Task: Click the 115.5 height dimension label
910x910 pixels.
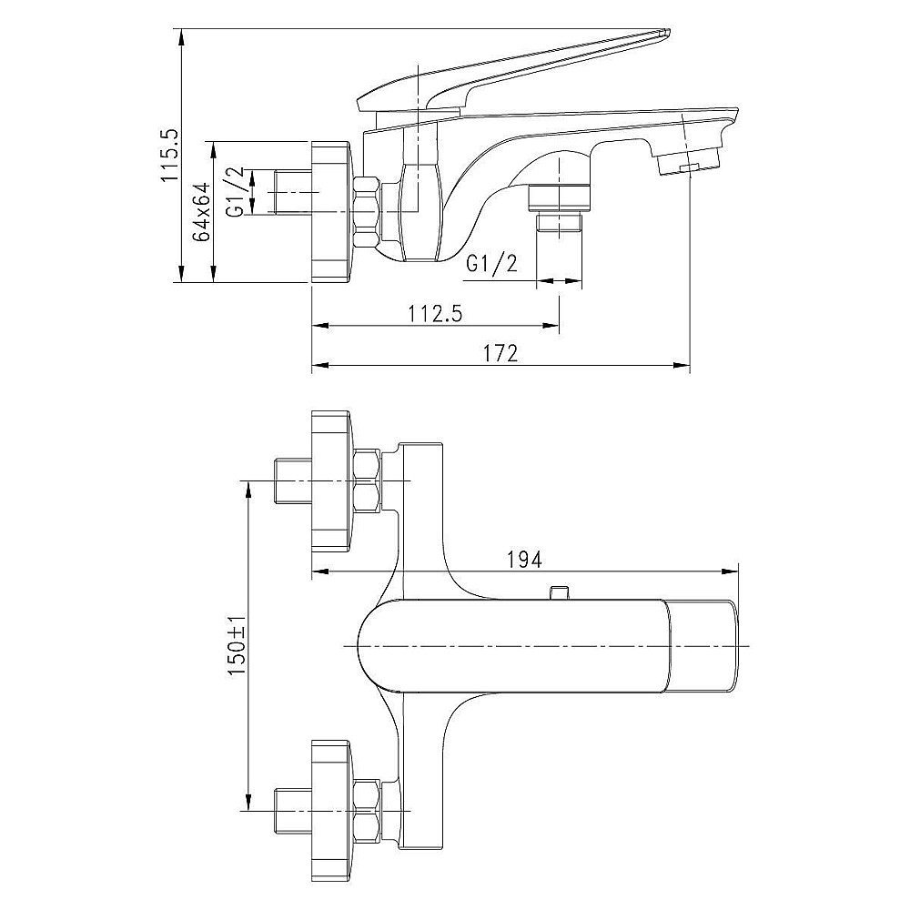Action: [x=171, y=156]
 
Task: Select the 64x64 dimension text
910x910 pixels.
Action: [x=202, y=211]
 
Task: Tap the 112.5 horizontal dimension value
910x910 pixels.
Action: [x=436, y=314]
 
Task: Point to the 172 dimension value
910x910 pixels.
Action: [x=500, y=353]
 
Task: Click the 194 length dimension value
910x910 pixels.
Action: [x=524, y=560]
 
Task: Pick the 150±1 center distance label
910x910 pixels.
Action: [x=238, y=645]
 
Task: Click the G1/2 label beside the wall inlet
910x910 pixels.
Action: [x=235, y=191]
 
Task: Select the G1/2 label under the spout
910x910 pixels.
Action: [x=491, y=264]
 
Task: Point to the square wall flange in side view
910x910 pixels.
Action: [x=332, y=212]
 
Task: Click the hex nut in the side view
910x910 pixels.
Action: [x=366, y=213]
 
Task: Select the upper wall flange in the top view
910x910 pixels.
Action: [x=332, y=481]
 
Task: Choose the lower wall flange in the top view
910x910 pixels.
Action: [x=332, y=810]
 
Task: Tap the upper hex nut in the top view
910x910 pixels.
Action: [x=368, y=481]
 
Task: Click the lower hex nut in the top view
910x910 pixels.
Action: [x=368, y=811]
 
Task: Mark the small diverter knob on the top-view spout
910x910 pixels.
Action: [x=558, y=592]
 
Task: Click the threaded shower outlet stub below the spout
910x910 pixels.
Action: [x=559, y=223]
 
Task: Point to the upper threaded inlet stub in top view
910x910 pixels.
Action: [x=292, y=481]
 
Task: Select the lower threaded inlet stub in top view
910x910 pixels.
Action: [x=292, y=811]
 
